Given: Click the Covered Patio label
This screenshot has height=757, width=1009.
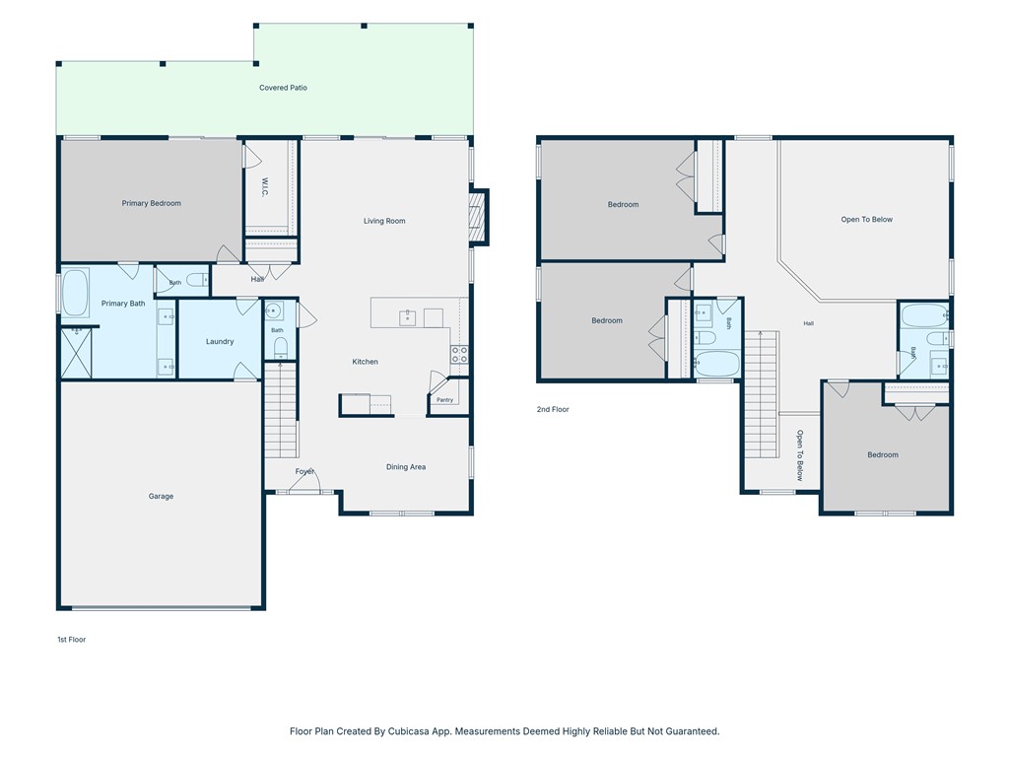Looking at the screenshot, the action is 283,88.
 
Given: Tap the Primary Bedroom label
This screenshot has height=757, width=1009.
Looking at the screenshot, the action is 151,203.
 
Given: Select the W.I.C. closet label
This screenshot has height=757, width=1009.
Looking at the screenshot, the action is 265,187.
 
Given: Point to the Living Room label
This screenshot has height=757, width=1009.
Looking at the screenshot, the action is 384,221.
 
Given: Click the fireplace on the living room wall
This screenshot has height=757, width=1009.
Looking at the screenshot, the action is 477,217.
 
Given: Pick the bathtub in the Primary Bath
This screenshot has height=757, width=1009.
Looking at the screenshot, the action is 75,294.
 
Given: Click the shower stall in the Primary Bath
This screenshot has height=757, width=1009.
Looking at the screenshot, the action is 77,354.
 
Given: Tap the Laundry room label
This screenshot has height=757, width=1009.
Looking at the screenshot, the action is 220,342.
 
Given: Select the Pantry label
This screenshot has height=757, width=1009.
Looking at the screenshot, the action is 444,400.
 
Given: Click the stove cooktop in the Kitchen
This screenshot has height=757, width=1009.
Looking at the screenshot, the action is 459,355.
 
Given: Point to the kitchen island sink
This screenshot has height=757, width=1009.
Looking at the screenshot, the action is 407,317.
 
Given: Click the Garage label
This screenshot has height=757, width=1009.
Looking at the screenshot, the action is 161,497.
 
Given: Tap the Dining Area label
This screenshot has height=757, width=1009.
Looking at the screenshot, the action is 406,467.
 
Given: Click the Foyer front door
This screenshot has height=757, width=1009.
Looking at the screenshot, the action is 304,489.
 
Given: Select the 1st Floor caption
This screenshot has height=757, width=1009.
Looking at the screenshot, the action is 71,640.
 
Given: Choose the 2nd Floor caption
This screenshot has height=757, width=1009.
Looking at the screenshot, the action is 553,409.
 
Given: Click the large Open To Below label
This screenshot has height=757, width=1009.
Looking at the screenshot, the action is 867,220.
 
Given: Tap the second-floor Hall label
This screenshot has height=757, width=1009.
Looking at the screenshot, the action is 809,323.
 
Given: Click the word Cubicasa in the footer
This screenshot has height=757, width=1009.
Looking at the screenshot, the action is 411,731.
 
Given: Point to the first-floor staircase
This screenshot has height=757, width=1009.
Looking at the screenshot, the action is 281,410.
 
